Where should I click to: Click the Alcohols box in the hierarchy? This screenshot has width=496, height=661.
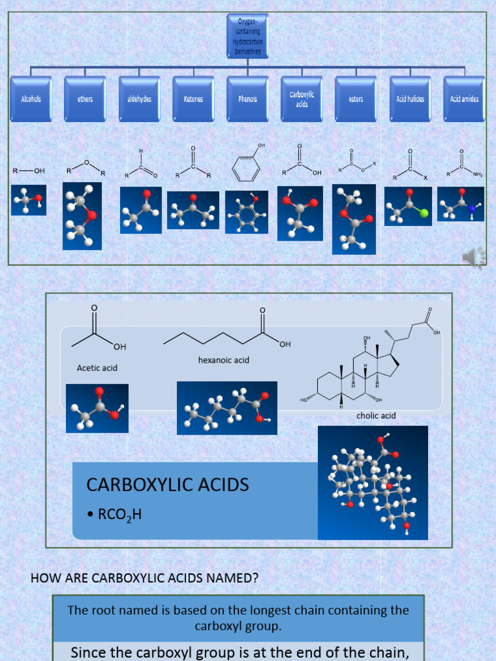[31, 99]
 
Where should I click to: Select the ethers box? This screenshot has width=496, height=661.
[85, 99]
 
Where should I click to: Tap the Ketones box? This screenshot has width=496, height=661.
[193, 99]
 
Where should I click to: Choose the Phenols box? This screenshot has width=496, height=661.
[247, 99]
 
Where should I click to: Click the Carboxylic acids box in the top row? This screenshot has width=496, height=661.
[302, 99]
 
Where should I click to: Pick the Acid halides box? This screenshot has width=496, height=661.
[410, 99]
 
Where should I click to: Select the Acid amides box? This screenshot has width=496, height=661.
[464, 99]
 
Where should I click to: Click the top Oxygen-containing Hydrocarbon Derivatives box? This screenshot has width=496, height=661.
[247, 36]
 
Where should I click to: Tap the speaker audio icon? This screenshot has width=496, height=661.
[473, 257]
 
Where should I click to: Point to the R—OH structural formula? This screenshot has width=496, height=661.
[29, 171]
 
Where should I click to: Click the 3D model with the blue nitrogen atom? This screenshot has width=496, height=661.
[460, 204]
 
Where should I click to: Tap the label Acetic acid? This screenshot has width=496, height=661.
[97, 368]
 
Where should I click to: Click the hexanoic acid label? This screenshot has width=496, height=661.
[223, 360]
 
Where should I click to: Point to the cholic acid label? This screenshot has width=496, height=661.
[376, 416]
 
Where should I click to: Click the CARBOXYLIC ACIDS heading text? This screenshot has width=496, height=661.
[167, 485]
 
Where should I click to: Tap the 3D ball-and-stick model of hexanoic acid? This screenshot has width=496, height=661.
[227, 408]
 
